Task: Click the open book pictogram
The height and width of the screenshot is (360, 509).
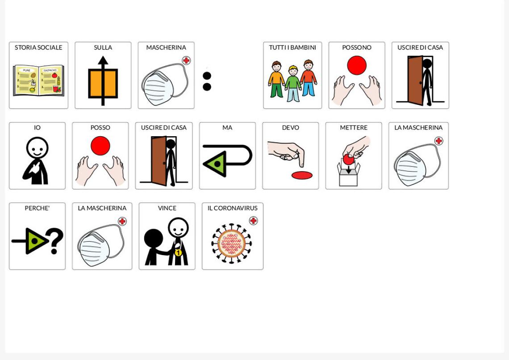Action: point(38,80)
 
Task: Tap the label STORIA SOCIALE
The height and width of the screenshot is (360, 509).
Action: point(38,47)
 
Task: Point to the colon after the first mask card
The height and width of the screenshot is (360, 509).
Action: point(207,81)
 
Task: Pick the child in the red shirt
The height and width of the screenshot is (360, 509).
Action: point(309,79)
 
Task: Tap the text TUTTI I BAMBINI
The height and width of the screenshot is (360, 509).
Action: point(292,47)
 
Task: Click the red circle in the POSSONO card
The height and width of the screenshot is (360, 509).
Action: point(357,65)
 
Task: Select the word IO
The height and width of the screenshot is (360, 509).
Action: point(37,128)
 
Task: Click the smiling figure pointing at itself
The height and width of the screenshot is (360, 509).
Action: point(37,160)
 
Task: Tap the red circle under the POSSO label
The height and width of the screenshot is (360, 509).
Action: point(100,146)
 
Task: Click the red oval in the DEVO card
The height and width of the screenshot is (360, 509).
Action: point(302,175)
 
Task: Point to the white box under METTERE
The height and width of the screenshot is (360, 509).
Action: point(348,176)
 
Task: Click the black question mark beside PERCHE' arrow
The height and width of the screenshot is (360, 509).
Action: point(55,241)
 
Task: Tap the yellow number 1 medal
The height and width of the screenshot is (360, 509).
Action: point(178,252)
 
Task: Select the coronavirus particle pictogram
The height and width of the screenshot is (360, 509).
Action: point(231,243)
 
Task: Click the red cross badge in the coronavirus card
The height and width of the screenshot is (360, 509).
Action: point(254,221)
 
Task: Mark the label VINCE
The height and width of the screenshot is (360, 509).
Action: point(167,208)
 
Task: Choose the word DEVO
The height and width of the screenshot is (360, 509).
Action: point(290,128)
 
